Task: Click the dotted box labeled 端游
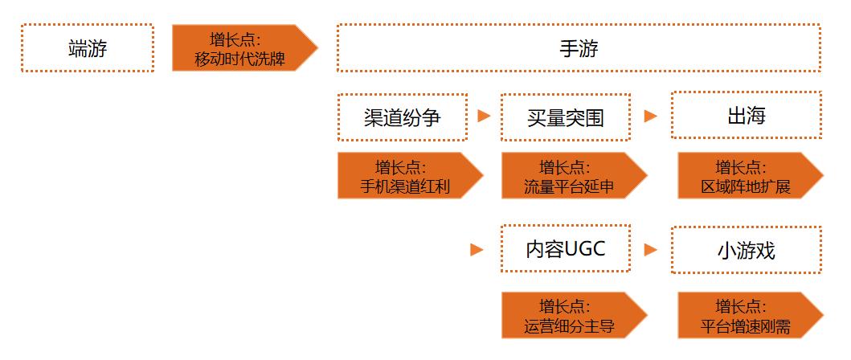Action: tap(87, 48)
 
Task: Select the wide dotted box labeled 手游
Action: tap(579, 48)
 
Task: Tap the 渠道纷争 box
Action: tap(402, 117)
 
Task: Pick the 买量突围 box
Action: tap(565, 117)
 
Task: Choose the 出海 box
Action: tap(746, 116)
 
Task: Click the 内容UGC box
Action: tap(565, 250)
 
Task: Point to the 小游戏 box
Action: tap(746, 250)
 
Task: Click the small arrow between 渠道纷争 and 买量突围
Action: tap(484, 116)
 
